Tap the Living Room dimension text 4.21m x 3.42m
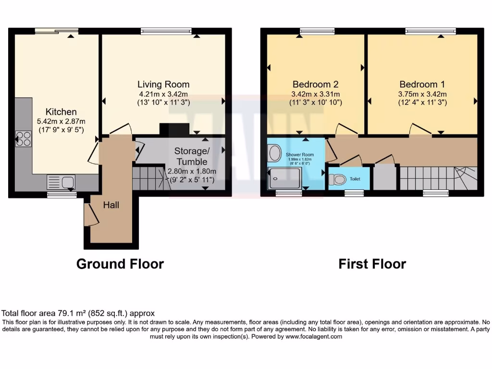coord(163,94)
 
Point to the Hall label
coord(111,205)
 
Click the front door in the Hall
coord(89,214)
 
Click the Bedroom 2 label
coord(315,84)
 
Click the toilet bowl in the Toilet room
coord(339,179)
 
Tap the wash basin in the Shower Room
coord(275,153)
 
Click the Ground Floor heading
coord(120,264)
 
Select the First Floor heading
coord(372,264)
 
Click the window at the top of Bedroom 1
coord(430,31)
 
